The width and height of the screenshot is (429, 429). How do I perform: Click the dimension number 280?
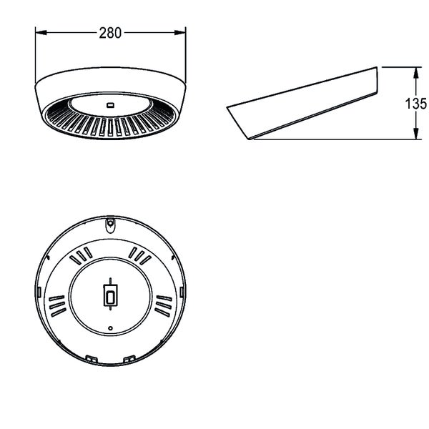pos(110,33)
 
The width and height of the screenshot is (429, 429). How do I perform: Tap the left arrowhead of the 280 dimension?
pos(41,33)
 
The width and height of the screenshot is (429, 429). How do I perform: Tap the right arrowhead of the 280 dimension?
pos(180,33)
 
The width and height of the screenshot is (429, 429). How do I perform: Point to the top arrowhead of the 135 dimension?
pos(416,72)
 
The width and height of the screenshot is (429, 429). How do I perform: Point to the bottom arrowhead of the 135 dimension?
pos(416,134)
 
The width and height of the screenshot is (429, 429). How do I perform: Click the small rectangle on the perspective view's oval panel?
pos(111,105)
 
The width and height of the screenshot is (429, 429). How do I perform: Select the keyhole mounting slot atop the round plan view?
pos(110,225)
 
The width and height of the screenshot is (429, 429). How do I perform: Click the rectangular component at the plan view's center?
pos(110,295)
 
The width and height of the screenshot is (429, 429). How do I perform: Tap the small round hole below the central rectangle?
pos(110,328)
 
